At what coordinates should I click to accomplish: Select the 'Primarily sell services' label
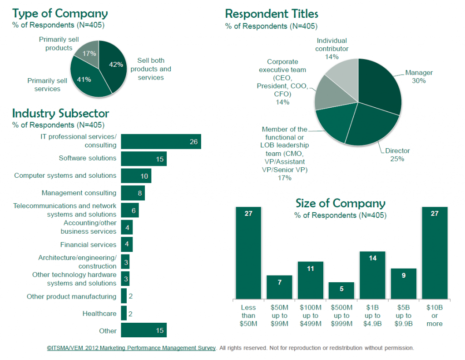pyautogui.click(x=47, y=85)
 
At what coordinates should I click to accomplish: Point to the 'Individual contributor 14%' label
pyautogui.click(x=331, y=49)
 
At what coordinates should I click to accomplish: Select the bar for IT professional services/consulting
pyautogui.click(x=161, y=141)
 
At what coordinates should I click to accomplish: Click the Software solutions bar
pyautogui.click(x=143, y=159)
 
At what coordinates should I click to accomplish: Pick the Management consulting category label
pyautogui.click(x=79, y=193)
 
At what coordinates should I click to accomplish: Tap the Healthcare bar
pyautogui.click(x=124, y=314)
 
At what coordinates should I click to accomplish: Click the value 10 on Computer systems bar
pyautogui.click(x=143, y=176)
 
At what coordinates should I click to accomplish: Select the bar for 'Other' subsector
pyautogui.click(x=143, y=330)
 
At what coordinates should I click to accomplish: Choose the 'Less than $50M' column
pyautogui.click(x=248, y=252)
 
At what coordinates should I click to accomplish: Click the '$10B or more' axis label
pyautogui.click(x=435, y=315)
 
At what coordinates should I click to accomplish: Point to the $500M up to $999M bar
pyautogui.click(x=341, y=290)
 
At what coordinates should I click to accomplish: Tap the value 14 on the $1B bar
pyautogui.click(x=372, y=258)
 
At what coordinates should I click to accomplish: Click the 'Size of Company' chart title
pyautogui.click(x=340, y=203)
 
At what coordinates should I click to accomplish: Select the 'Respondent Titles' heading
pyautogui.click(x=272, y=14)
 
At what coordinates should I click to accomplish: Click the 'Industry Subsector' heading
pyautogui.click(x=60, y=113)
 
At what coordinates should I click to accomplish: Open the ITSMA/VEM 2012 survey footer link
pyautogui.click(x=131, y=348)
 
